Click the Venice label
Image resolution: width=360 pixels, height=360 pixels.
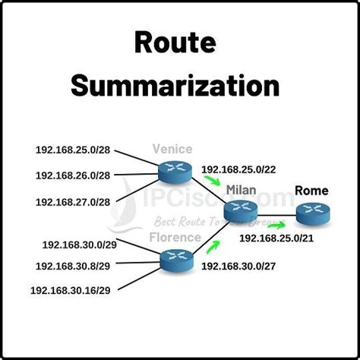pos(173,150)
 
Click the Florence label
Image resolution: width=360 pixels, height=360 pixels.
pos(175,237)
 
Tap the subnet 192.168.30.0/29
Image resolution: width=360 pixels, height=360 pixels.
pos(80,246)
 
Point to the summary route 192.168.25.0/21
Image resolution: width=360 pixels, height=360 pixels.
pos(276,238)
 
